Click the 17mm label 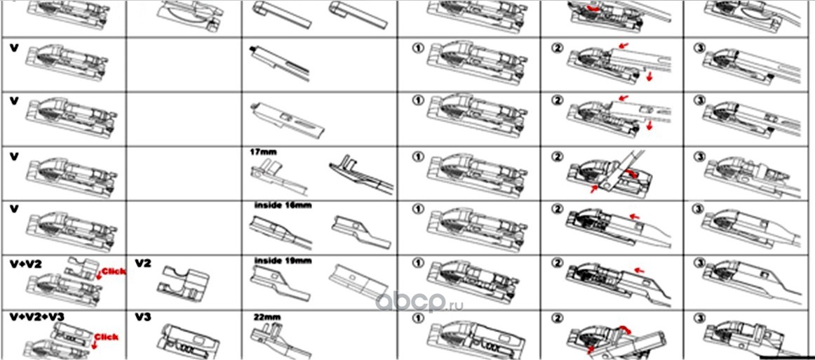pyautogui.click(x=260, y=150)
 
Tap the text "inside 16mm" pyautogui.click(x=283, y=205)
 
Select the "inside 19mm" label pyautogui.click(x=283, y=260)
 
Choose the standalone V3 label pyautogui.click(x=142, y=317)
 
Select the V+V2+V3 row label pyautogui.click(x=35, y=317)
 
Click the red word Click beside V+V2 pyautogui.click(x=112, y=270)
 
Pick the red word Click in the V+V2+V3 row pyautogui.click(x=107, y=336)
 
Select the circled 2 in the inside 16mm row pyautogui.click(x=558, y=209)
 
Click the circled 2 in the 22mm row pyautogui.click(x=558, y=316)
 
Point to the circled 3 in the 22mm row pyautogui.click(x=699, y=316)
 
